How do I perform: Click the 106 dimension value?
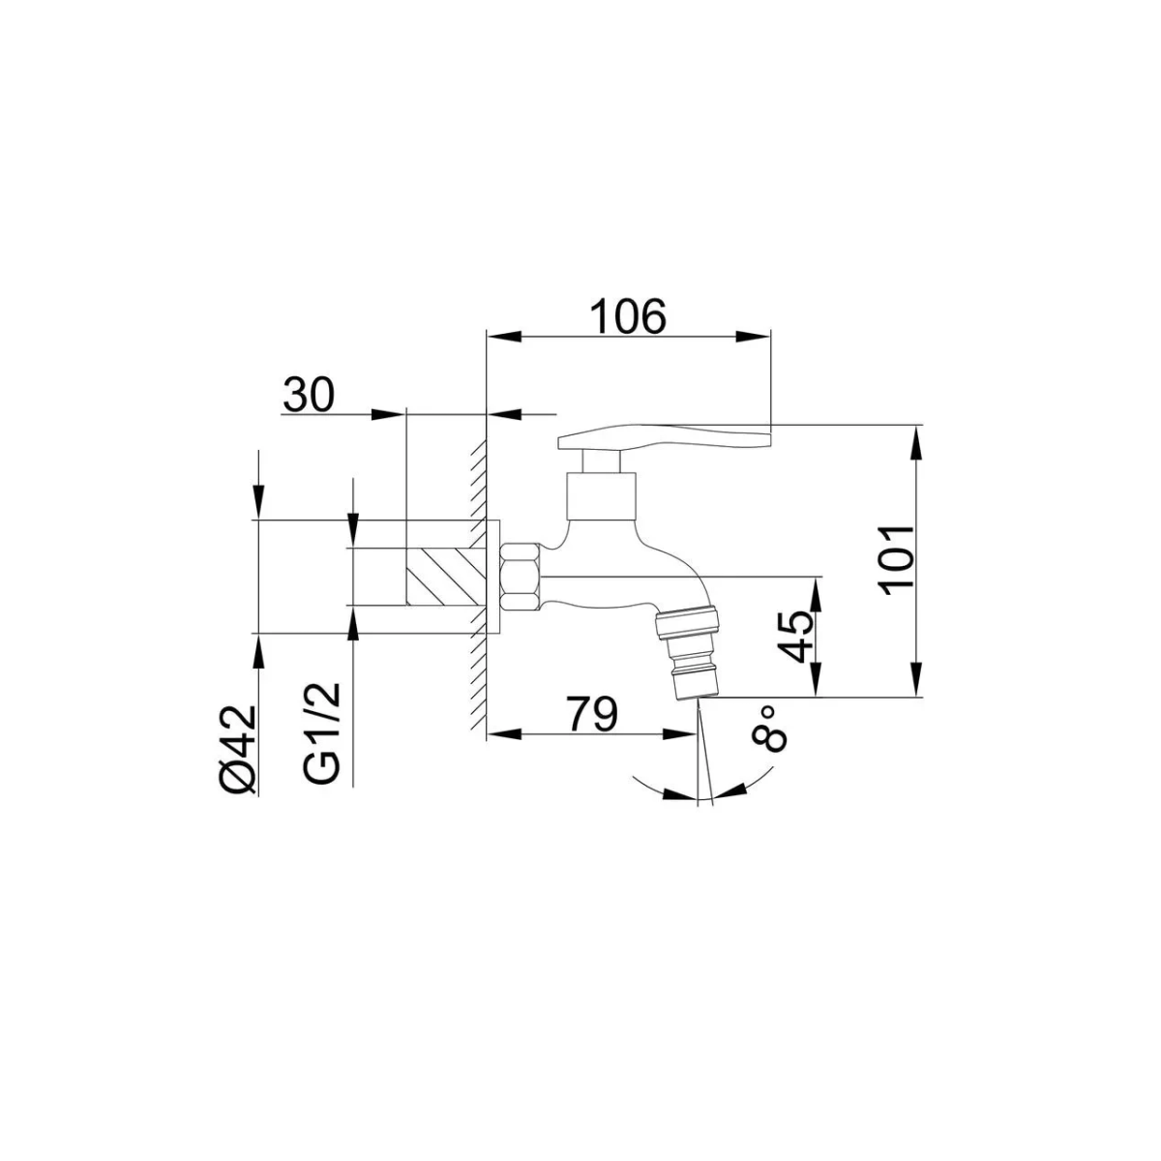(629, 315)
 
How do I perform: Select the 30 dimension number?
(308, 396)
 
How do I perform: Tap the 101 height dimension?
(898, 561)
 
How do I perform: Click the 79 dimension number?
(592, 715)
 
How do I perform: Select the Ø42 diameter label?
(239, 750)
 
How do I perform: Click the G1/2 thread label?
(322, 733)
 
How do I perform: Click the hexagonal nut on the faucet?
(521, 578)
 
